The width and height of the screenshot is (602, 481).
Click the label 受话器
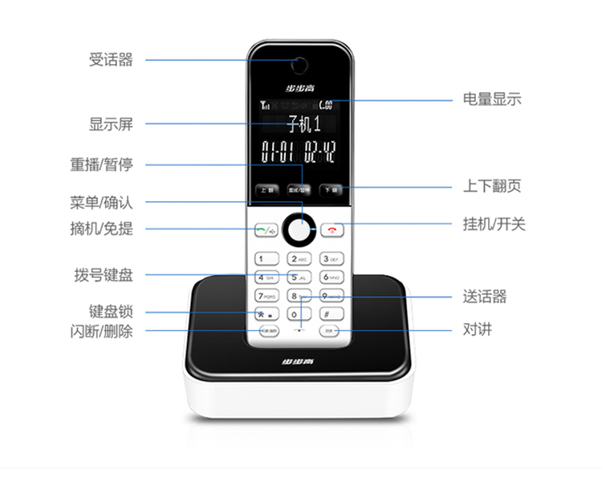(x=111, y=59)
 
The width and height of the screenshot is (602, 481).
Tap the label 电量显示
(x=492, y=99)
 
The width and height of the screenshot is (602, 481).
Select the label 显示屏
(x=111, y=124)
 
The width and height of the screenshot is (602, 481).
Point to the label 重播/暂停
(x=101, y=164)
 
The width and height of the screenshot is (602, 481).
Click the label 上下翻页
(x=492, y=186)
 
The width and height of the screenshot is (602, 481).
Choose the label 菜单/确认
(x=101, y=202)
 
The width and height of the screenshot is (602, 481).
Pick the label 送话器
(x=485, y=297)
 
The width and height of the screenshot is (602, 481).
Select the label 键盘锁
(x=111, y=311)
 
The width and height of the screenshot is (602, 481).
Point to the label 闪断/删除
(x=101, y=330)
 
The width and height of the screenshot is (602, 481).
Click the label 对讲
(x=478, y=329)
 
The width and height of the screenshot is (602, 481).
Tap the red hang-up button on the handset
(x=332, y=230)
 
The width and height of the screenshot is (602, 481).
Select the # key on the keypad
(x=332, y=313)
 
